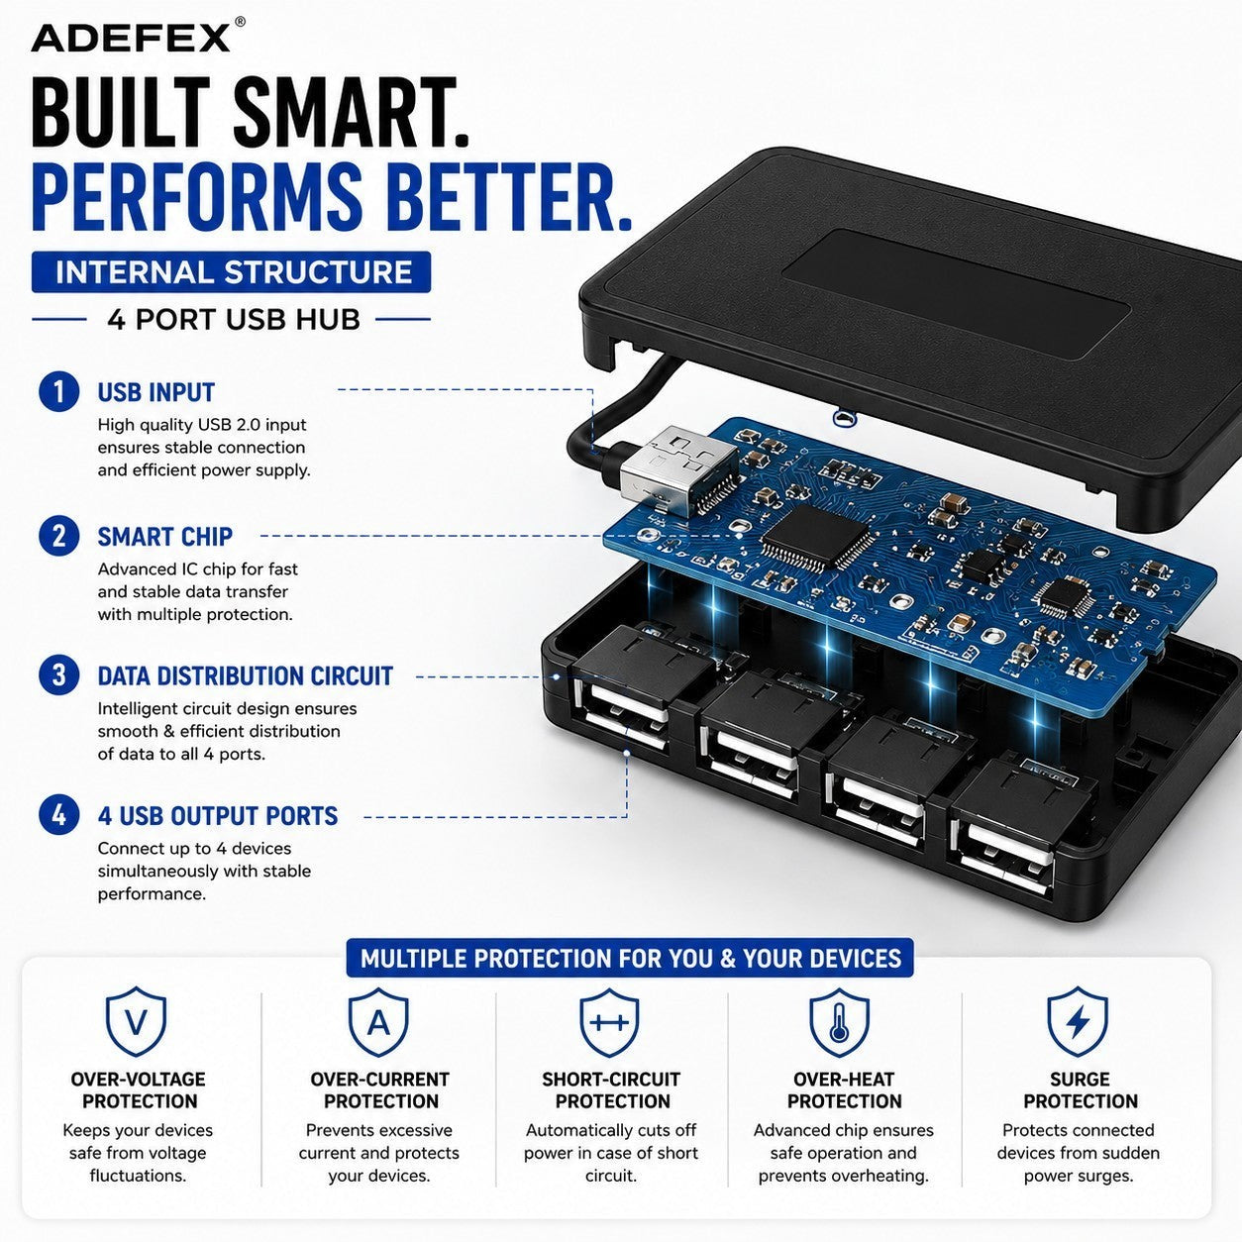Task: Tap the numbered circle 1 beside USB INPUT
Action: click(x=58, y=392)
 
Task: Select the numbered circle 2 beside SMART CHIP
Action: click(x=58, y=536)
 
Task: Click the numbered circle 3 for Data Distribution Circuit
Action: click(x=58, y=675)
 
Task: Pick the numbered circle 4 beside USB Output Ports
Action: click(x=58, y=815)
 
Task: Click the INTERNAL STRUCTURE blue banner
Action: click(x=231, y=272)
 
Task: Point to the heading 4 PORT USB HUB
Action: click(x=234, y=320)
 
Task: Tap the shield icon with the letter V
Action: click(x=136, y=1021)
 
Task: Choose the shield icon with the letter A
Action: click(x=378, y=1021)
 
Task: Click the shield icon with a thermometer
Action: click(x=839, y=1021)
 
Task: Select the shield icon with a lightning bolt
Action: click(x=1078, y=1021)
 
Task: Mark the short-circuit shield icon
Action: click(x=610, y=1021)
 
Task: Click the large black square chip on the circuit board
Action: click(x=815, y=536)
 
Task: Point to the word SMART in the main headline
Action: click(x=352, y=112)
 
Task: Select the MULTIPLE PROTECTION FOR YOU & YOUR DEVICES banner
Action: click(x=630, y=958)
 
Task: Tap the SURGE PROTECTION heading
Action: click(x=1081, y=1090)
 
